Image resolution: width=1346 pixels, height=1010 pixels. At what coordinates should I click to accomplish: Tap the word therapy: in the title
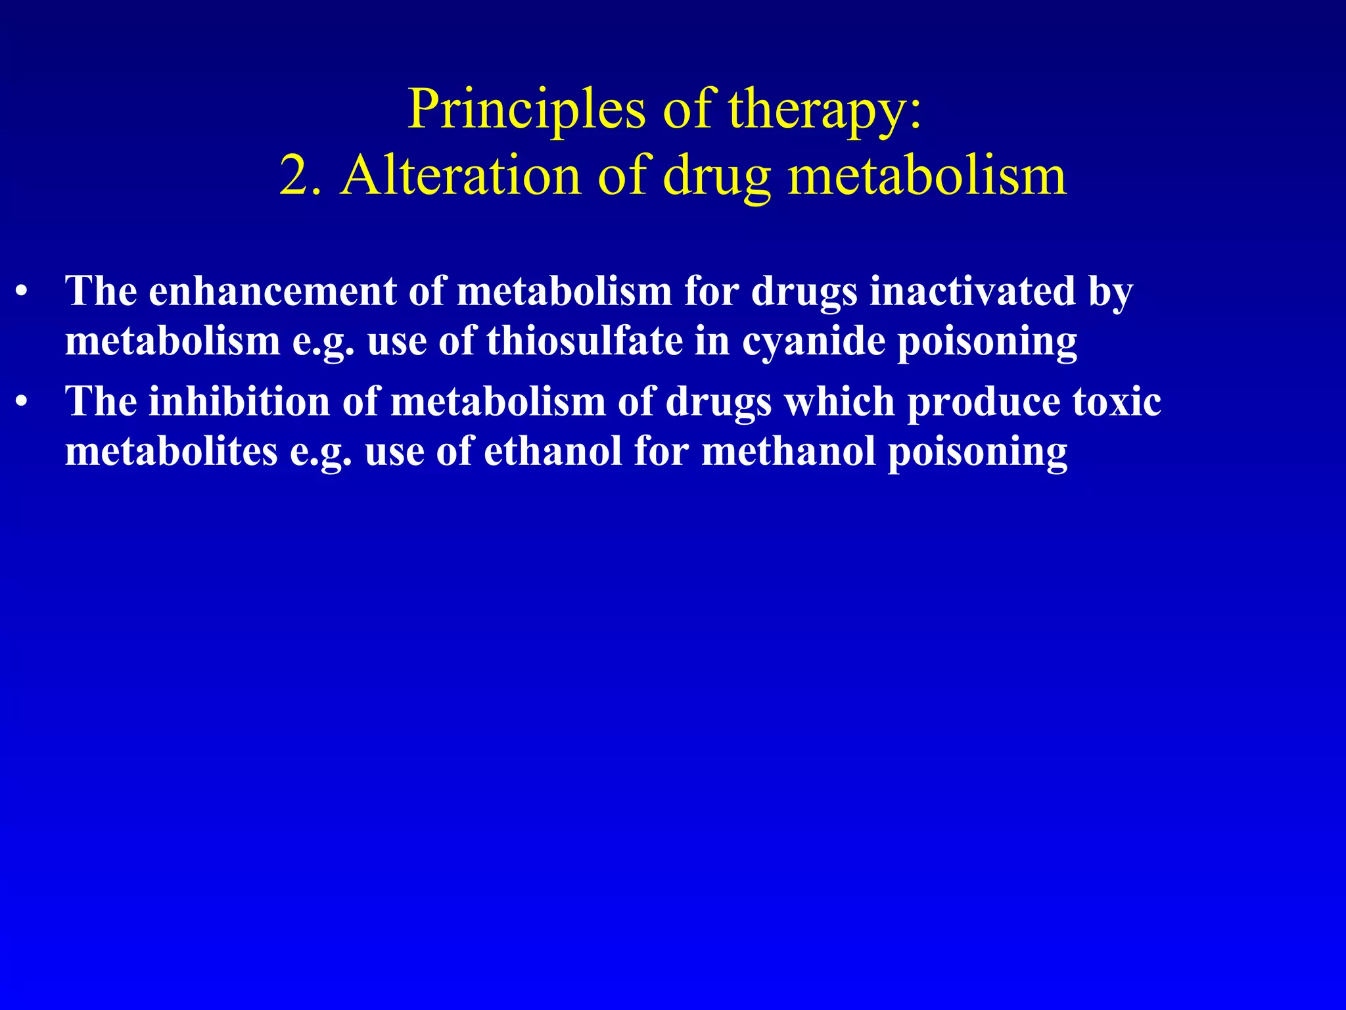pyautogui.click(x=825, y=109)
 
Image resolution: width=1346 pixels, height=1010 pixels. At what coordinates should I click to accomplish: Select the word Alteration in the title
pyautogui.click(x=460, y=176)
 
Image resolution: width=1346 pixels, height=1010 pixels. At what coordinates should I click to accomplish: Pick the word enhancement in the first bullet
pyautogui.click(x=272, y=291)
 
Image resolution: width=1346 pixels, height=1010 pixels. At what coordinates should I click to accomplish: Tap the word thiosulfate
pyautogui.click(x=585, y=341)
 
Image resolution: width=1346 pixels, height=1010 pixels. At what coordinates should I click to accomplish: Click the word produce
pyautogui.click(x=983, y=402)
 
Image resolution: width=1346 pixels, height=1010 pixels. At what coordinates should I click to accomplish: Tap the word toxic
pyautogui.click(x=1117, y=401)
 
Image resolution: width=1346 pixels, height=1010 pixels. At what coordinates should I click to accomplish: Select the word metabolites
pyautogui.click(x=172, y=452)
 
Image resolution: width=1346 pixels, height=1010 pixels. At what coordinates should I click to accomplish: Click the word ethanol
pyautogui.click(x=553, y=452)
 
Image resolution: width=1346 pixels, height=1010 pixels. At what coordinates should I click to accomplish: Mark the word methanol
pyautogui.click(x=789, y=452)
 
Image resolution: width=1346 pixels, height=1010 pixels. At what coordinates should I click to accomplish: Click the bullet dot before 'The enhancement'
pyautogui.click(x=22, y=292)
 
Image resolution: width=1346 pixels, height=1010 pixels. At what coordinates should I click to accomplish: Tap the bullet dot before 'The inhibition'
pyautogui.click(x=22, y=402)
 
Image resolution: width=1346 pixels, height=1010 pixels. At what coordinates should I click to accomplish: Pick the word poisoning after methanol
pyautogui.click(x=978, y=453)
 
